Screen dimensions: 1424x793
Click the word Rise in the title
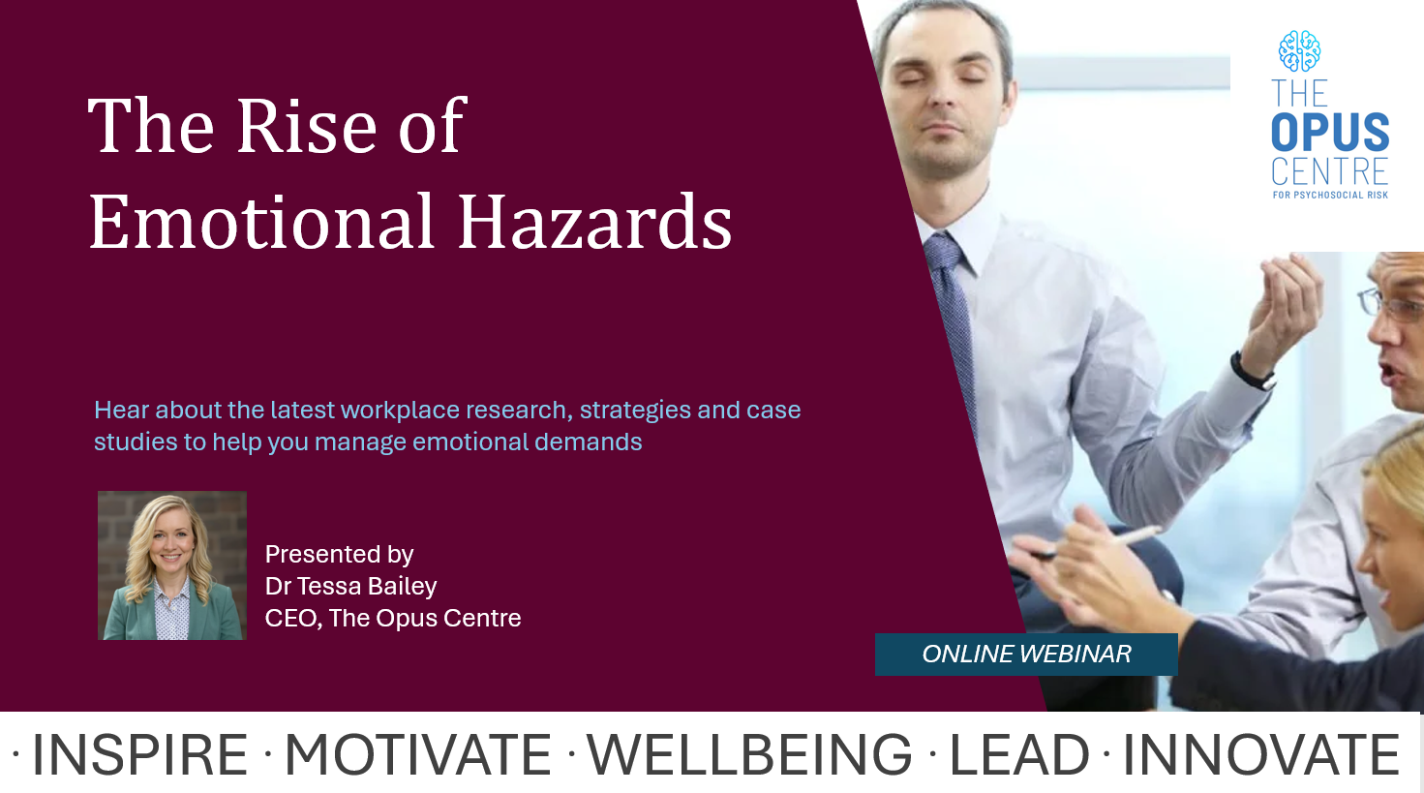pos(307,125)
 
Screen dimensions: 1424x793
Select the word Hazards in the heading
pos(594,222)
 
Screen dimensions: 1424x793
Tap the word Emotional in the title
pos(261,222)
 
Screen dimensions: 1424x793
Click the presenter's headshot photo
pos(172,565)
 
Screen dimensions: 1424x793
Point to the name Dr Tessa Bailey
pos(350,587)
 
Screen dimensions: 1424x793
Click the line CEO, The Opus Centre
pos(393,618)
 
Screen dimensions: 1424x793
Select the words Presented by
pos(340,555)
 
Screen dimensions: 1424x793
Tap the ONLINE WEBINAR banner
pos(1026,655)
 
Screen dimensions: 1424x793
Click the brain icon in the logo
pos(1299,51)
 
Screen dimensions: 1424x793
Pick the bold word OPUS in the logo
pos(1330,133)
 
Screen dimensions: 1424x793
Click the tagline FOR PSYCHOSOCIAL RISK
pos(1330,196)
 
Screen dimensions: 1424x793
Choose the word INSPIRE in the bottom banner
pos(139,754)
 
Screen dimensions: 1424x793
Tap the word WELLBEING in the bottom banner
pos(749,754)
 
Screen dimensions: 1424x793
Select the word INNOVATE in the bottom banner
pos(1261,754)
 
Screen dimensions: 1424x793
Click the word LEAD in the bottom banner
pos(1019,754)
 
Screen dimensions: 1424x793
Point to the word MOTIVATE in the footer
pos(417,754)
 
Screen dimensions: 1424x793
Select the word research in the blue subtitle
pos(516,411)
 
